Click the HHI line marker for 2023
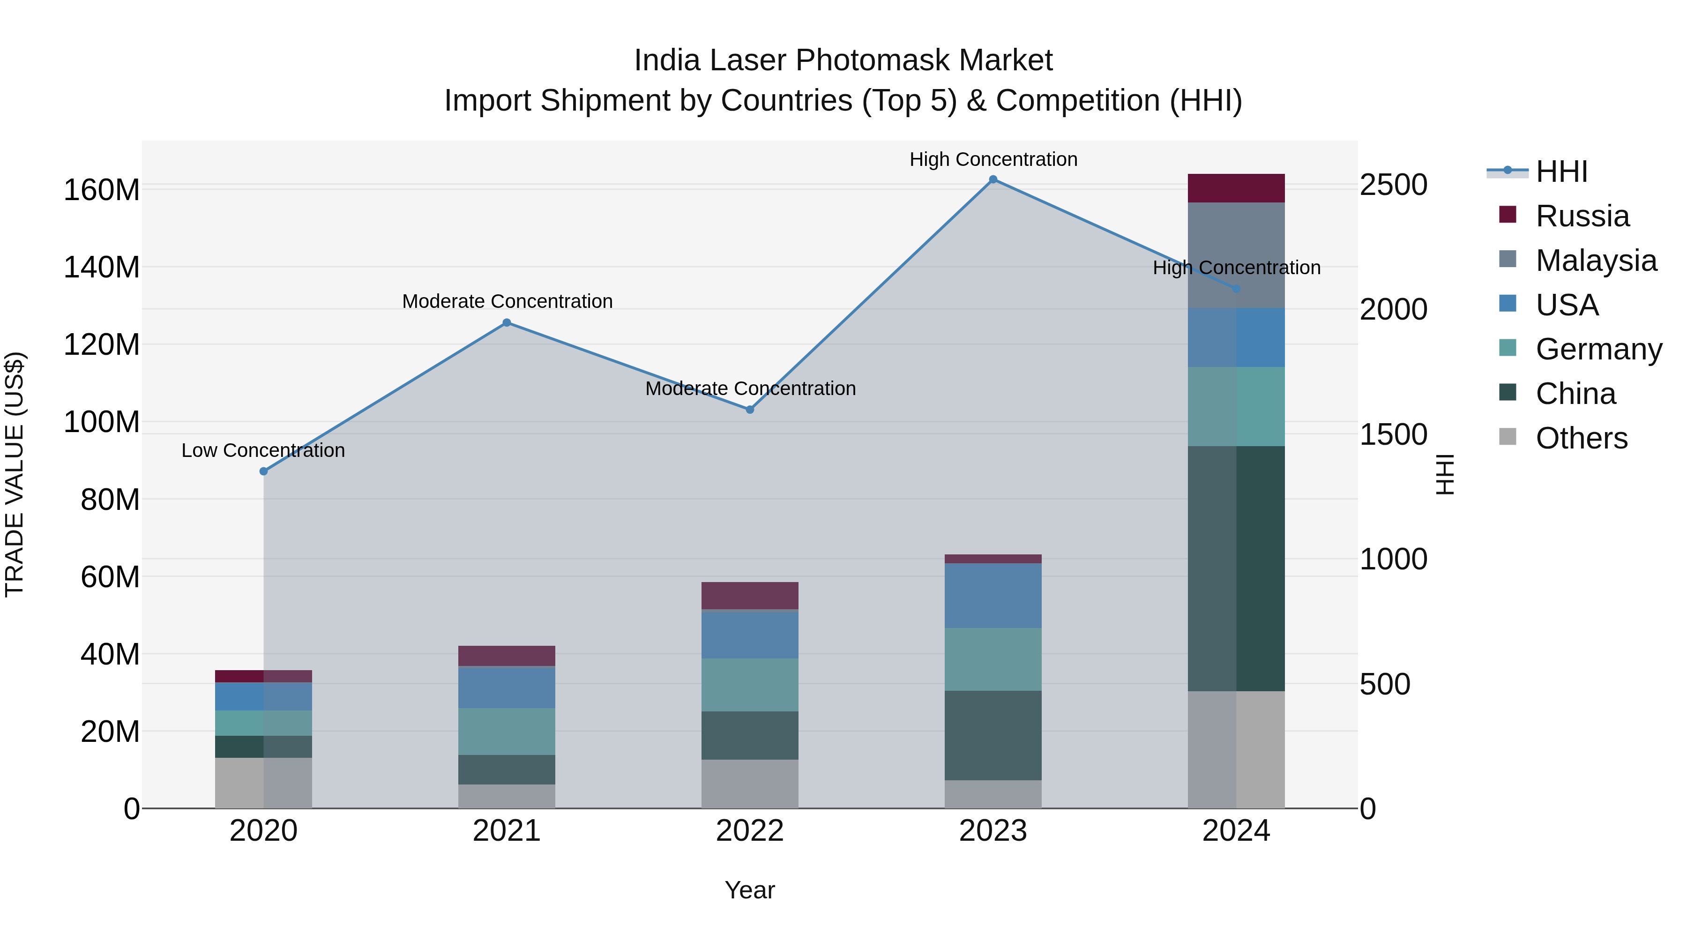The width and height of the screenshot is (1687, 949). [993, 179]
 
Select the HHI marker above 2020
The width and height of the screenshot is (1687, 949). [263, 471]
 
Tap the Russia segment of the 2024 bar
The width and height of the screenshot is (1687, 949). [1236, 188]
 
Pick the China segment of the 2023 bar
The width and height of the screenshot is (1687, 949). [993, 735]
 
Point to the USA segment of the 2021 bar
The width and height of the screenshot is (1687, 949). [506, 687]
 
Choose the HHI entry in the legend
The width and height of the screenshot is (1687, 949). [1561, 172]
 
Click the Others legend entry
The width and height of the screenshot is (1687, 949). [1581, 438]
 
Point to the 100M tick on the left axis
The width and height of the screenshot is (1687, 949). [102, 422]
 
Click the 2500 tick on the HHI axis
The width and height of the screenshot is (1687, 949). [1393, 185]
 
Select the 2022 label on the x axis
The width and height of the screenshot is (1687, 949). [750, 831]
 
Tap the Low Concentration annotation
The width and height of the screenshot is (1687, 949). [263, 450]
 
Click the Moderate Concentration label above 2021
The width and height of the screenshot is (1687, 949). [507, 301]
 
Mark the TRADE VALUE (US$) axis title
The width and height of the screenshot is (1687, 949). [15, 474]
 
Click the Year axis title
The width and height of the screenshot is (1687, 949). [750, 890]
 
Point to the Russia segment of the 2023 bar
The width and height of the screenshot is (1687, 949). [993, 559]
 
